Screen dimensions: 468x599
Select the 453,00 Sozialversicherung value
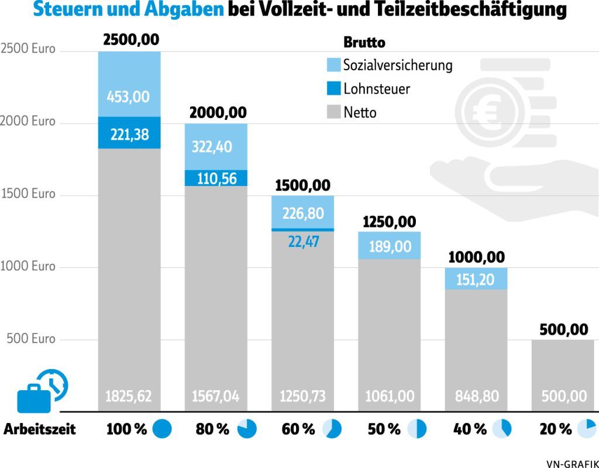[x=128, y=97]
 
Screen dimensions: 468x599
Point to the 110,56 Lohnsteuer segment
[x=216, y=178]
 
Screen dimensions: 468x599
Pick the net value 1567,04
[x=215, y=396]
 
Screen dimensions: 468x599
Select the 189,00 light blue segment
[x=389, y=246]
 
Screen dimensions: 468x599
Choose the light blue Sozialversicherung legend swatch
[x=333, y=65]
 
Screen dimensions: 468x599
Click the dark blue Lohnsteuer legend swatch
[x=333, y=88]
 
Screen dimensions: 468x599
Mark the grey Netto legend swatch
[x=333, y=111]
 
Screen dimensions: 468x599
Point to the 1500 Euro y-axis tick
[x=27, y=194]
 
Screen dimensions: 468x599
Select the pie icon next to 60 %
[x=332, y=429]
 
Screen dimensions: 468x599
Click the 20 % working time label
[x=555, y=429]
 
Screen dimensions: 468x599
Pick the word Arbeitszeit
[x=40, y=429]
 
